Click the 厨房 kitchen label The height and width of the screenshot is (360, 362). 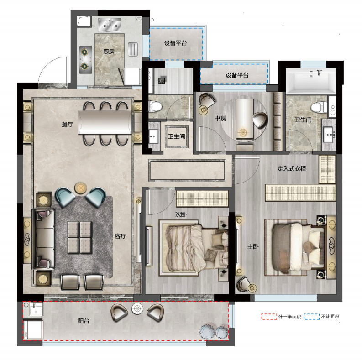coord(109,52)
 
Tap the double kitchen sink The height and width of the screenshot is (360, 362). coord(110,25)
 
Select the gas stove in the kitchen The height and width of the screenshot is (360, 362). coord(85,60)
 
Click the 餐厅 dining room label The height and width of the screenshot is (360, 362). coord(68,125)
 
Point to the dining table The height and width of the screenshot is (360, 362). coord(105,122)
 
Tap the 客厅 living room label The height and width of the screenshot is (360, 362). coord(121,236)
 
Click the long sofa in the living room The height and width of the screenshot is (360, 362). coord(44,239)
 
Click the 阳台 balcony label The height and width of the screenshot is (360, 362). coord(84,321)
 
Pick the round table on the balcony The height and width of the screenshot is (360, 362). coord(137,308)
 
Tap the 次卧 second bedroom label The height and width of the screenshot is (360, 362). coord(181,214)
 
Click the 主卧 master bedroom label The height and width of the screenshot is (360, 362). coord(253,247)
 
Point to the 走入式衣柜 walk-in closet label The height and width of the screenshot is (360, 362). coord(292,168)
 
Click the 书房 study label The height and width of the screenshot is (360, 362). coord(220,118)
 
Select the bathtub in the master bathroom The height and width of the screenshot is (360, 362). coord(311,81)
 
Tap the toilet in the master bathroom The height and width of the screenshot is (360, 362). coord(319,107)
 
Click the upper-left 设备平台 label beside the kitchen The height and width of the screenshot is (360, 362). coord(175,43)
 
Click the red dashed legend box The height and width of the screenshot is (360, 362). coord(269,317)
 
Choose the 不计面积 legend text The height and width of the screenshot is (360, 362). coord(330,317)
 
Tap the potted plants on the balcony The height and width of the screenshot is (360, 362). coord(214,331)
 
